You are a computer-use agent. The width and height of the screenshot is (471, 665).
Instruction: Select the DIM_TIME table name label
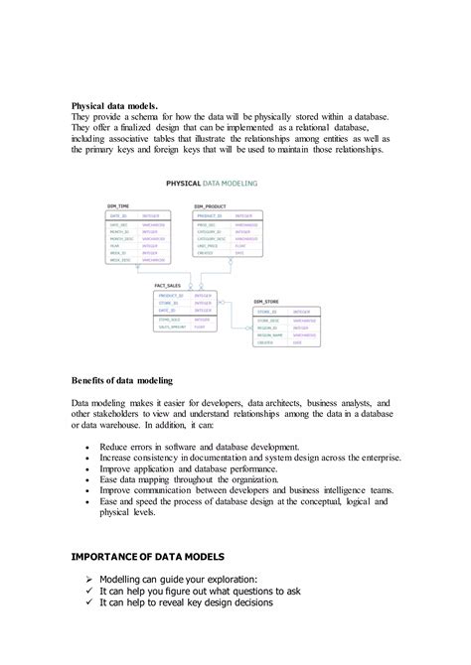click(117, 205)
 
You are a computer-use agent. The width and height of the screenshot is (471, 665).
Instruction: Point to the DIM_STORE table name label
click(265, 300)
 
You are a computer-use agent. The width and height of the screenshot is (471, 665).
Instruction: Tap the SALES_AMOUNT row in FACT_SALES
click(170, 328)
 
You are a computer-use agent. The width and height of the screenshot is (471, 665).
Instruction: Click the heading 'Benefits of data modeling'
click(122, 380)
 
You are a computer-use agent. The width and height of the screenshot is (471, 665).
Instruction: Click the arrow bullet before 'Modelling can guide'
click(90, 578)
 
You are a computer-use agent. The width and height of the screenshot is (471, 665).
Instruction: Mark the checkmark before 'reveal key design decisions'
click(90, 602)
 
